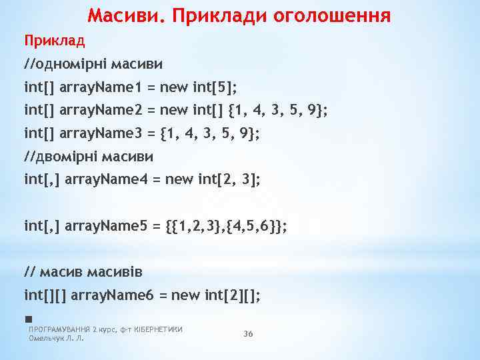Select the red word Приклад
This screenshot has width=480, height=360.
point(55,41)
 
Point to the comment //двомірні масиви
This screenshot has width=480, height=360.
point(89,156)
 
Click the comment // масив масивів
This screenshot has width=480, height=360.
point(83,271)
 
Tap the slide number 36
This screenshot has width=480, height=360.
point(248,334)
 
